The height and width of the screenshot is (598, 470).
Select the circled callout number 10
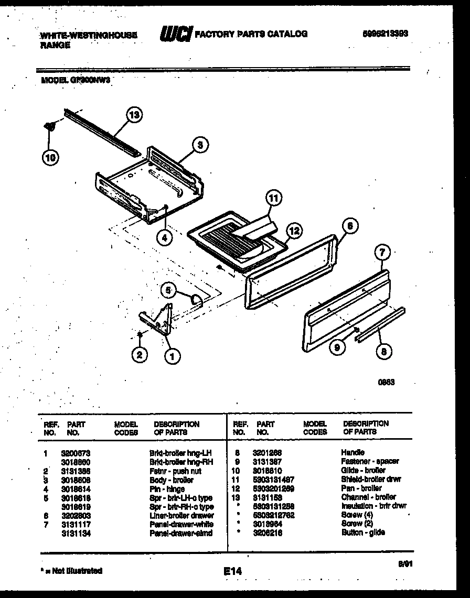pyautogui.click(x=51, y=157)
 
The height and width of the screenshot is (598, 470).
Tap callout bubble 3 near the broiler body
pyautogui.click(x=199, y=145)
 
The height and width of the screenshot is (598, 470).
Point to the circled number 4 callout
pyautogui.click(x=165, y=237)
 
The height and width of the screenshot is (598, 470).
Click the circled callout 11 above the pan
pyautogui.click(x=273, y=198)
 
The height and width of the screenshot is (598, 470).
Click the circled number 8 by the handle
pyautogui.click(x=383, y=352)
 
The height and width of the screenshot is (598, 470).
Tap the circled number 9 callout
pyautogui.click(x=338, y=346)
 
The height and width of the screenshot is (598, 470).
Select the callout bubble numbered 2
pyautogui.click(x=139, y=355)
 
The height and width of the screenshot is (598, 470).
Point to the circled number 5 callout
pyautogui.click(x=168, y=289)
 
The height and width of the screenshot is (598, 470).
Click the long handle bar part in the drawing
pyautogui.click(x=380, y=325)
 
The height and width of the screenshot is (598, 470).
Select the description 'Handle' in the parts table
pyautogui.click(x=352, y=452)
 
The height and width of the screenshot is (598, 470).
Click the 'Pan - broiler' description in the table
pyautogui.click(x=362, y=488)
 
